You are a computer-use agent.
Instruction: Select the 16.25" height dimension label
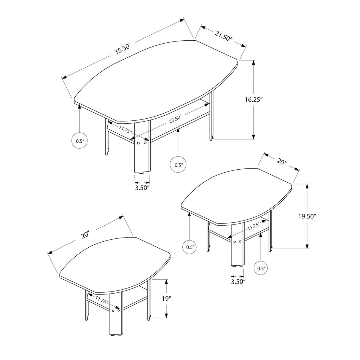[x=254, y=100]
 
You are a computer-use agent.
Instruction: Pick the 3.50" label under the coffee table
[x=142, y=187]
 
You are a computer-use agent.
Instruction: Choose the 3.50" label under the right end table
[x=238, y=281]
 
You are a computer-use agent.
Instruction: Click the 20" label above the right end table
[x=282, y=162]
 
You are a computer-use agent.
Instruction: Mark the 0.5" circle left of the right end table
[x=190, y=247]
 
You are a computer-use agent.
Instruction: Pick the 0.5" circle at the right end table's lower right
[x=261, y=268]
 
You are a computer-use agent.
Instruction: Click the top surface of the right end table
[x=237, y=196]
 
